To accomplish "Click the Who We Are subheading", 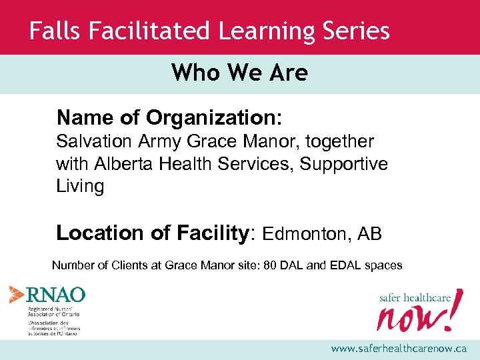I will pos(239,73).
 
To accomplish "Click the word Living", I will pos(80,187).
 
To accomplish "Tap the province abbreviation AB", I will pos(369,234).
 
